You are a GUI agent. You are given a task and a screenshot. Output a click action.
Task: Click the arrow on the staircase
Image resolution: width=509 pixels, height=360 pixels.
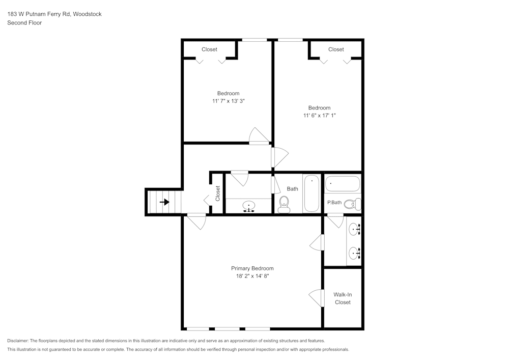(164, 202)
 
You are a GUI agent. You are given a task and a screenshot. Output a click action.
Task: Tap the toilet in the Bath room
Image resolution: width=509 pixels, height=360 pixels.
(284, 205)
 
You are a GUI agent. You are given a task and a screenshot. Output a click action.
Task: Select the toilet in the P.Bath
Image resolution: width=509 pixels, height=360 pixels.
(351, 204)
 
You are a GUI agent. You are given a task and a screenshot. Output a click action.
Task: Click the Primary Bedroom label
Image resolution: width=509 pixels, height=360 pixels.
(252, 268)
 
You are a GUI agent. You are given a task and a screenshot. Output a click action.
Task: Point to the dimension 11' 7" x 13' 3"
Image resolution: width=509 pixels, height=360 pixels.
(232, 101)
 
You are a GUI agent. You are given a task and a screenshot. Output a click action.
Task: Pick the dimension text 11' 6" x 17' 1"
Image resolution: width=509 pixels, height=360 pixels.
(319, 116)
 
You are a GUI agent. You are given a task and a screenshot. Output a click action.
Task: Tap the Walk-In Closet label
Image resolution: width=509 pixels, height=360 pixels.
(343, 298)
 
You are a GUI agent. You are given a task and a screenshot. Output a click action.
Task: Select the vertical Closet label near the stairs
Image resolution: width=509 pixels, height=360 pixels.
(218, 193)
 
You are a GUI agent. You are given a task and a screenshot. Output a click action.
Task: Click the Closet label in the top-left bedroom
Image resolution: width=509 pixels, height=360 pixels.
(209, 49)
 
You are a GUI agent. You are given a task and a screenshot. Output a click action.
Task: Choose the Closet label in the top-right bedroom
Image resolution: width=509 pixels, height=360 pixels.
(336, 49)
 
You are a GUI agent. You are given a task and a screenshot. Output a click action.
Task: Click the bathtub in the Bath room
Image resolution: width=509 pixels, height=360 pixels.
(312, 193)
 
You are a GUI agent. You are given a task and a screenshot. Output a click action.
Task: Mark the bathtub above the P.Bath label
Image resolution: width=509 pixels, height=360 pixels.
(343, 183)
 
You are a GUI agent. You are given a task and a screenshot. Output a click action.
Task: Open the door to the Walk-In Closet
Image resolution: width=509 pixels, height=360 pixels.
(317, 298)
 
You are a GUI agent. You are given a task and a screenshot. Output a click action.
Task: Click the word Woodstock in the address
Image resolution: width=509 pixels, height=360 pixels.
(87, 14)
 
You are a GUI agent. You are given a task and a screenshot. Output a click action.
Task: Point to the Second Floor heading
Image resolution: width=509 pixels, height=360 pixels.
(24, 23)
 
